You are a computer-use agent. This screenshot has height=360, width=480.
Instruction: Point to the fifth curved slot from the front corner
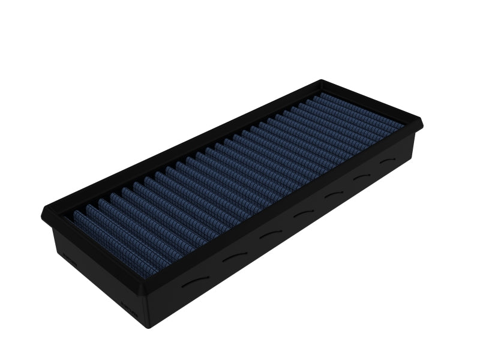pyautogui.click(x=332, y=196)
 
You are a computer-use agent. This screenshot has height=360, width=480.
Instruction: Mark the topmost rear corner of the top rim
pyautogui.click(x=325, y=80)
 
